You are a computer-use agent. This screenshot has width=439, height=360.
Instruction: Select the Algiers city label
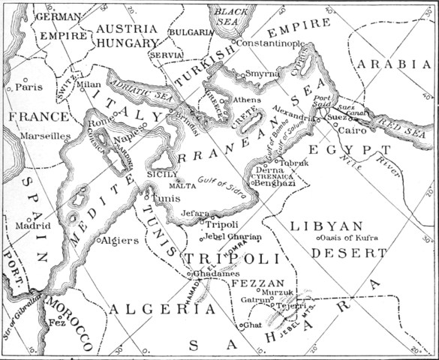(121, 241)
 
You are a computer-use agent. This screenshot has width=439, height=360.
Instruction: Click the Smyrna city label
(262, 74)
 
